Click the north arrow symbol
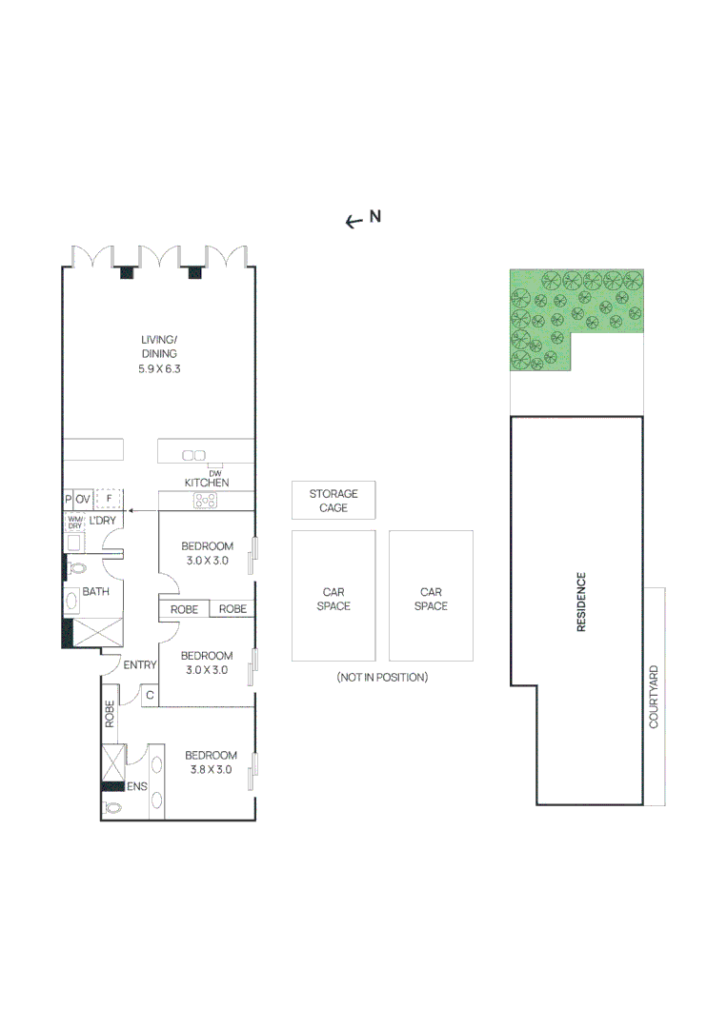[354, 221]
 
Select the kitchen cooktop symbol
[205, 500]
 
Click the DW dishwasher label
[201, 473]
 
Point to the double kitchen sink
[194, 455]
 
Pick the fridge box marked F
[110, 498]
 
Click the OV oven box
[83, 498]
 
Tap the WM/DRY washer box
[75, 523]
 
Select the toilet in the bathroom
[77, 568]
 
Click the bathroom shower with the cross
[98, 632]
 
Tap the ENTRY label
[139, 664]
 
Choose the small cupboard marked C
[150, 696]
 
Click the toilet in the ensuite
[112, 807]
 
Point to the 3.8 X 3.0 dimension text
[211, 770]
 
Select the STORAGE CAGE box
[333, 501]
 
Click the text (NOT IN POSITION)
[382, 678]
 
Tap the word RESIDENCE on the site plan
[580, 602]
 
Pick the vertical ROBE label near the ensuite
[111, 714]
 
